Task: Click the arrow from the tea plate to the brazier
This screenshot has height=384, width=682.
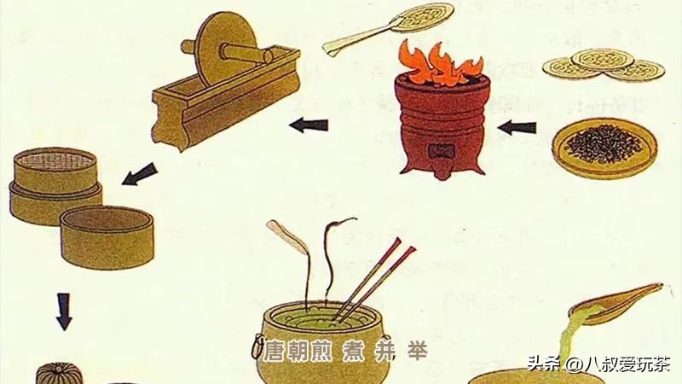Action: click(517, 129)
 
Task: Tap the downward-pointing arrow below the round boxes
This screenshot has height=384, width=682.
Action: click(64, 311)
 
